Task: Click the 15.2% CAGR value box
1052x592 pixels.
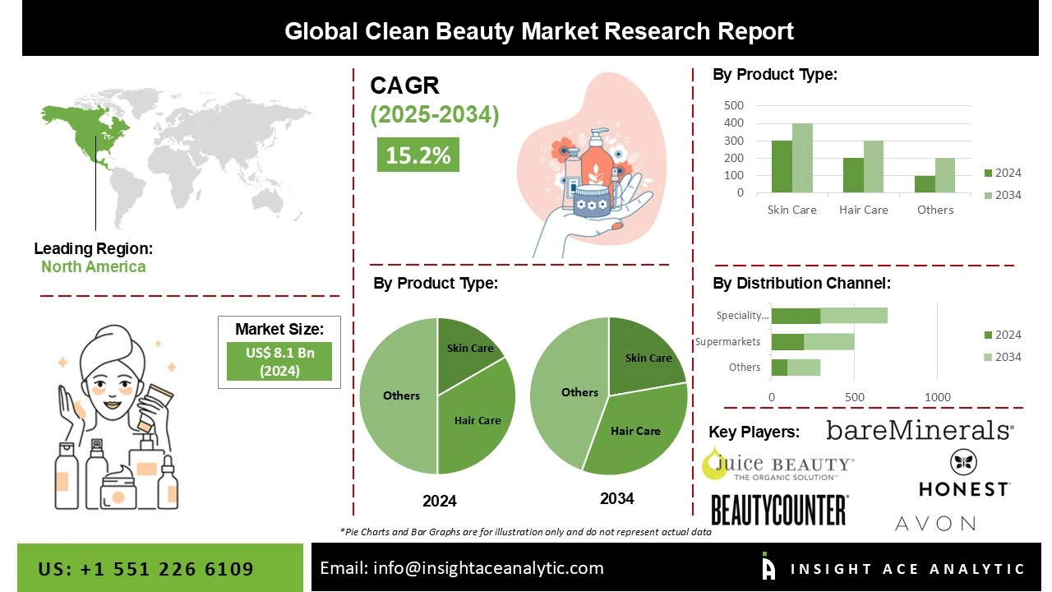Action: coord(418,155)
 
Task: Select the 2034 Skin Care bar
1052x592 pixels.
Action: coord(802,159)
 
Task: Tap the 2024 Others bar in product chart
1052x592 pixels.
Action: coord(925,184)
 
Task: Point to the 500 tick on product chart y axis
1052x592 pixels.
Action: coord(734,105)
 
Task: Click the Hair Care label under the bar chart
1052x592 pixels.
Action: coord(863,210)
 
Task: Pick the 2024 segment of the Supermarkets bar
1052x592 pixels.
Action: coord(787,342)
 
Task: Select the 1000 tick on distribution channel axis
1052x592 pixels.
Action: coord(938,397)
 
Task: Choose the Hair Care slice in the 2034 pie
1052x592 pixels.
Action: coord(637,432)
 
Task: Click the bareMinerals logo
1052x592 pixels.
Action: coord(920,430)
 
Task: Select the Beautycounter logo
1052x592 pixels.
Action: coord(778,510)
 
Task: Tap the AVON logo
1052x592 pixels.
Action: coord(934,523)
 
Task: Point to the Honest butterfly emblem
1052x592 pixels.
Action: coord(963,462)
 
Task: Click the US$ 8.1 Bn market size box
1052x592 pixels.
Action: coord(279,361)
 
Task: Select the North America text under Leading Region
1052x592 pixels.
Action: coord(94,266)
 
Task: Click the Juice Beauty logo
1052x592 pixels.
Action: coord(777,466)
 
